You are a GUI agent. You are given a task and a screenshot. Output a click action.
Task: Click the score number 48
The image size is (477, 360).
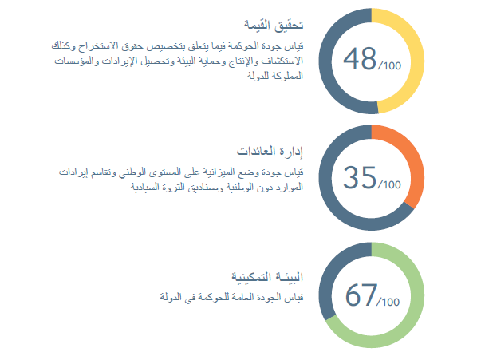tap(360, 59)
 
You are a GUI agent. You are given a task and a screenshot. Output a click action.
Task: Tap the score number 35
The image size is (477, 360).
tap(360, 177)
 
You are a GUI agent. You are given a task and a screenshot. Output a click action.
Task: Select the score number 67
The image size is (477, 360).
tap(361, 295)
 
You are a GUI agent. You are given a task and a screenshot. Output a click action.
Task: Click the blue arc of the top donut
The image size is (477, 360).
tap(325, 61)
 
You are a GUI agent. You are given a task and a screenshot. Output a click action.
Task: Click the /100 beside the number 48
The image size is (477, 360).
tap(390, 65)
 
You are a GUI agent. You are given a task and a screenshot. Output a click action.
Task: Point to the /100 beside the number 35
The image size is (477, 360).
tap(389, 184)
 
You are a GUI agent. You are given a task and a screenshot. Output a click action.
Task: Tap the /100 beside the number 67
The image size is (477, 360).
tap(388, 302)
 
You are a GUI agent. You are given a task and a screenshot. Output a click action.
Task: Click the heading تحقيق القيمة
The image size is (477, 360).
tap(274, 25)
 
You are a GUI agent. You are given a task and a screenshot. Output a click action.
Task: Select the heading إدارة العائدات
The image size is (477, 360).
tap(270, 151)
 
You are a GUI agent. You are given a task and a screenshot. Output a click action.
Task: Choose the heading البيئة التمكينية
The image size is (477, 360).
tap(267, 277)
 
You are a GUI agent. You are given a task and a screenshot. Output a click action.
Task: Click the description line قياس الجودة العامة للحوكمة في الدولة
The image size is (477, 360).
tap(232, 297)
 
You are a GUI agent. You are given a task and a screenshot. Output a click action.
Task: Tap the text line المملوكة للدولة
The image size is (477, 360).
tap(275, 75)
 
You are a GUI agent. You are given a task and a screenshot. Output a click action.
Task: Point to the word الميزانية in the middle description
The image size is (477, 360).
tap(220, 172)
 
